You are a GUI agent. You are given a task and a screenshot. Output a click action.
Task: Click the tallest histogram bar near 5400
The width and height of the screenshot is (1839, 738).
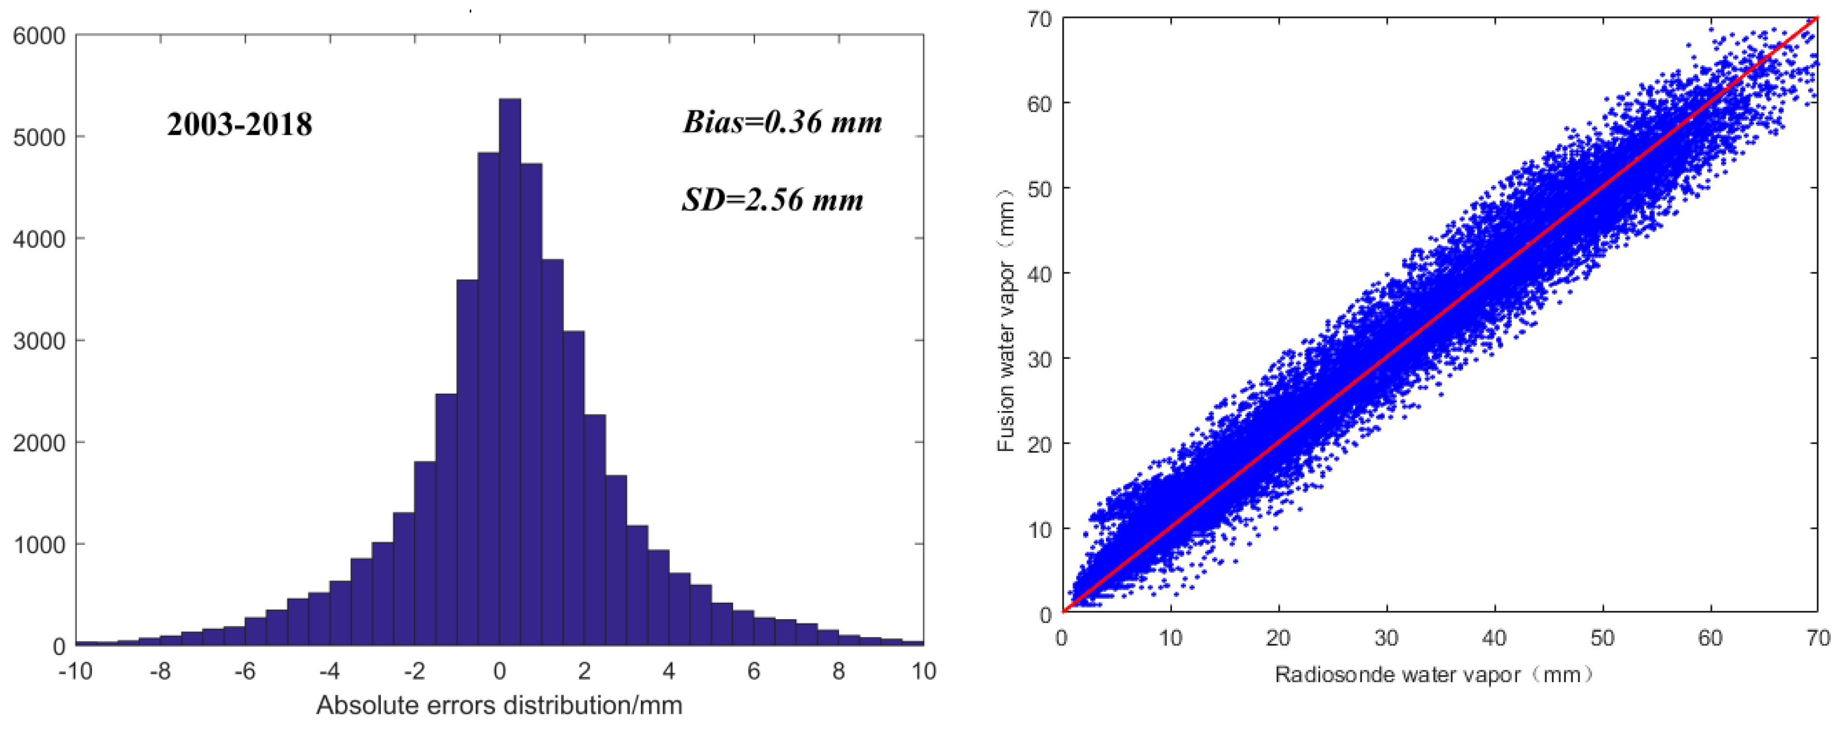coord(510,371)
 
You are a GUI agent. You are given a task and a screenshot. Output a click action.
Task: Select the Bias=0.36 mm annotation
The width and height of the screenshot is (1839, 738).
coord(782,122)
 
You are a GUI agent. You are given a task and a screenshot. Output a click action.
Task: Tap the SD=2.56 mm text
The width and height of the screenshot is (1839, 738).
coord(772,199)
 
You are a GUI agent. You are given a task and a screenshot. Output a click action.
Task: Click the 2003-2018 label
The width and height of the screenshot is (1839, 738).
coord(240,125)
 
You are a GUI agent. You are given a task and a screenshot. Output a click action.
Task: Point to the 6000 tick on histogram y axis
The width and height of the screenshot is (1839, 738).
coord(39,36)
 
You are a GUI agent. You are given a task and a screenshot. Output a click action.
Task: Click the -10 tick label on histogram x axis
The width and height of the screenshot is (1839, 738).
coord(76,672)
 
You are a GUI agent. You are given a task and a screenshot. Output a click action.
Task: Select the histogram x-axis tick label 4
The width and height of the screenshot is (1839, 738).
coord(669,672)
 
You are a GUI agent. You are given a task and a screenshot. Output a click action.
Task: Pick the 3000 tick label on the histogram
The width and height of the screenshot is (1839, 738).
coord(39,341)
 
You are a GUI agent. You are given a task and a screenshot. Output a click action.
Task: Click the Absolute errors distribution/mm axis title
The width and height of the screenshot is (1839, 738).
coord(499,705)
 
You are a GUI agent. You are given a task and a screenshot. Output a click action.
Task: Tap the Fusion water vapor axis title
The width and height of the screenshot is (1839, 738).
coord(1006,321)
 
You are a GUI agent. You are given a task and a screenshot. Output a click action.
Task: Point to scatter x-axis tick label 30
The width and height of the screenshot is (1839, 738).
coord(1387,638)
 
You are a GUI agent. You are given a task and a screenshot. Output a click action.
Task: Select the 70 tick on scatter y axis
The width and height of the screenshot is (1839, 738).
coord(1040,19)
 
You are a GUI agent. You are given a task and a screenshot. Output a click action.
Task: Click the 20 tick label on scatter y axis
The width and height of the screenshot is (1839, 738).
coord(1040,444)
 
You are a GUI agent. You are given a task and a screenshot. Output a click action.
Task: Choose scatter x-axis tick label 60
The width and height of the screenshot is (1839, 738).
coord(1710,638)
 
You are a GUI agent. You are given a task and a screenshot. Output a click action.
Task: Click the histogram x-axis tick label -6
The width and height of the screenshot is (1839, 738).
coord(245,672)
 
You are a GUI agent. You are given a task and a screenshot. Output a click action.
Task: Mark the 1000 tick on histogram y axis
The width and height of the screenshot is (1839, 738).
coord(39,545)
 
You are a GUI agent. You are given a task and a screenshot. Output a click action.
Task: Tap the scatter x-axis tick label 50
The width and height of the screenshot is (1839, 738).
coord(1603,638)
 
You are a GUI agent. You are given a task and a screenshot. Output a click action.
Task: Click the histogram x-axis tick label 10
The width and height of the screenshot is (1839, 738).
coord(924,672)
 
